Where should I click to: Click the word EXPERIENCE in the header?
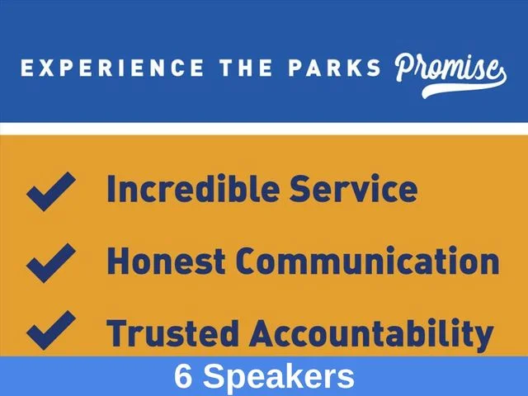click(x=112, y=68)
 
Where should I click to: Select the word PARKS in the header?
click(x=334, y=68)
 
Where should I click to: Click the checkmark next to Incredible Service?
click(x=51, y=191)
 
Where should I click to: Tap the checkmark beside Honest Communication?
click(x=51, y=262)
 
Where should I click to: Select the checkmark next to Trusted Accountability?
click(x=51, y=330)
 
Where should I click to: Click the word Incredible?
click(x=193, y=188)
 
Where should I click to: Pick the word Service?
click(x=354, y=189)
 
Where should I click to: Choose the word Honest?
click(x=166, y=261)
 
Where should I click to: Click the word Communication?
click(x=367, y=261)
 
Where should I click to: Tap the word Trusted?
click(x=172, y=332)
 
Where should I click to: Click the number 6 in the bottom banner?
click(x=183, y=376)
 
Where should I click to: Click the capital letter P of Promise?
click(x=407, y=68)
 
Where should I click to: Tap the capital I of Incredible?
click(x=111, y=189)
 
